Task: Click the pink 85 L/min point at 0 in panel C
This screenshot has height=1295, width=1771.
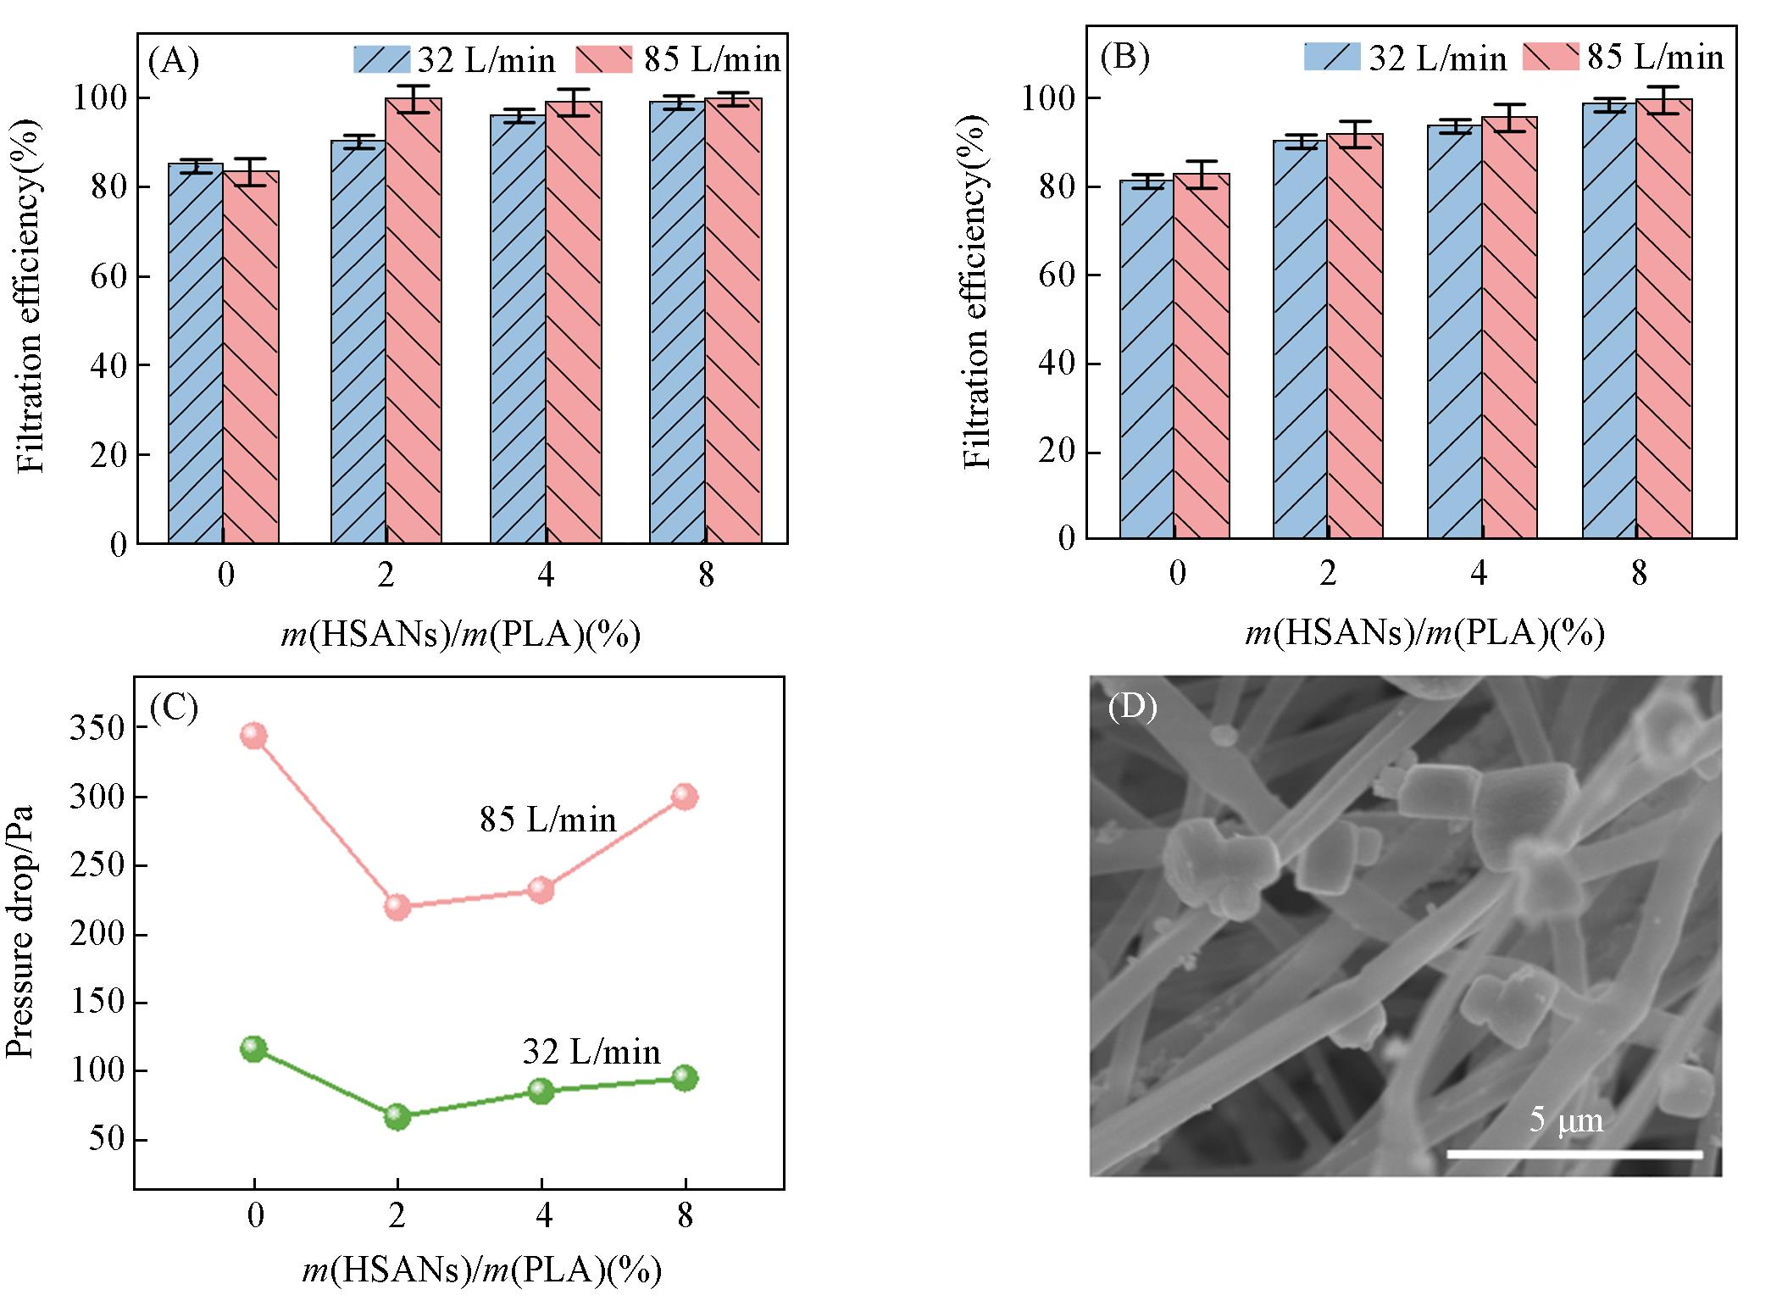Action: pyautogui.click(x=253, y=735)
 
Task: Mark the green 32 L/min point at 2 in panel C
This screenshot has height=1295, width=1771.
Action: pyautogui.click(x=397, y=1117)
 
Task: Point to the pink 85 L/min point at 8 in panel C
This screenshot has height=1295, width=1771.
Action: pyautogui.click(x=684, y=797)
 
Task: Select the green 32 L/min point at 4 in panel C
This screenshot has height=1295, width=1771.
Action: pyautogui.click(x=541, y=1091)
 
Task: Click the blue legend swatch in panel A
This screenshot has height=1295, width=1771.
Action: pyautogui.click(x=381, y=59)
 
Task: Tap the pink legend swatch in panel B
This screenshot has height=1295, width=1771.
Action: pyautogui.click(x=1551, y=56)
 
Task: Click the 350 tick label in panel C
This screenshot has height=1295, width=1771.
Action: pyautogui.click(x=97, y=728)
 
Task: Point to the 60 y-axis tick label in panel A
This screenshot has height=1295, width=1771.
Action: pyautogui.click(x=108, y=276)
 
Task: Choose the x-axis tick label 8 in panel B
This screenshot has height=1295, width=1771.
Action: pyautogui.click(x=1639, y=574)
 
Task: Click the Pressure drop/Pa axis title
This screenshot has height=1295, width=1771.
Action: pyautogui.click(x=20, y=932)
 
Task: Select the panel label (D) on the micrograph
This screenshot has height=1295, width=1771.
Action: pyautogui.click(x=1132, y=706)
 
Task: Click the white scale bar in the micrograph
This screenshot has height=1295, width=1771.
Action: pyautogui.click(x=1574, y=1153)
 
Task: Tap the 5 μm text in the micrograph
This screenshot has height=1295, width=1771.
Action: pyautogui.click(x=1566, y=1120)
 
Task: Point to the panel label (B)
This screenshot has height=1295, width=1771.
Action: pyautogui.click(x=1124, y=57)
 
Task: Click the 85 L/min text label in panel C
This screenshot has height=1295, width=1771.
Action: pyautogui.click(x=548, y=820)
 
